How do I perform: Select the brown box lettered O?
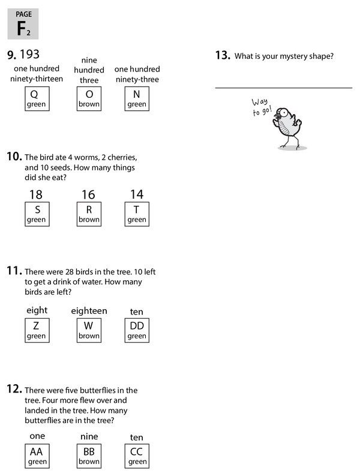[89, 98]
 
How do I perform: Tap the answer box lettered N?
[137, 98]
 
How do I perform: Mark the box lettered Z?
[36, 331]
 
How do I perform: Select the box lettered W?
[89, 331]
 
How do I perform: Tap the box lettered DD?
[137, 331]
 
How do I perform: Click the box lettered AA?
[36, 456]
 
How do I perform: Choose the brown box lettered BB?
[89, 456]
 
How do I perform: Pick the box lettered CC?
[137, 456]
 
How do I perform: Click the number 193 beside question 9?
[29, 55]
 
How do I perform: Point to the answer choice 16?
[88, 194]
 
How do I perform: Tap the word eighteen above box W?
[89, 311]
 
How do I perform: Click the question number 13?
[223, 56]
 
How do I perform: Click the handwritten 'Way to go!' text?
[262, 107]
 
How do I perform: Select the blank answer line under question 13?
[283, 88]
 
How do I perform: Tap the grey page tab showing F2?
[23, 24]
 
